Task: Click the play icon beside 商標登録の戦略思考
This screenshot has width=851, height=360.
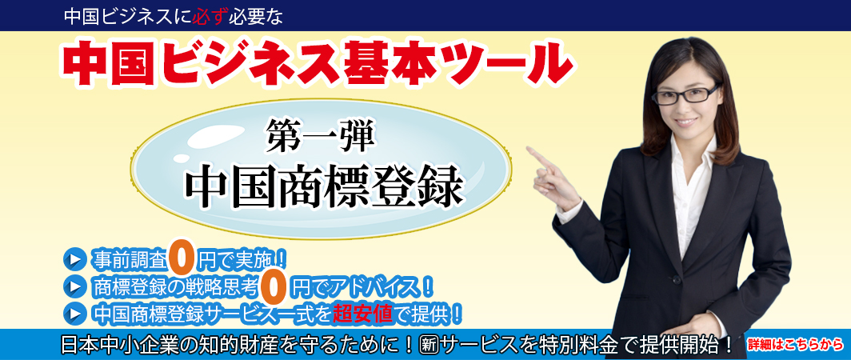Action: point(74,285)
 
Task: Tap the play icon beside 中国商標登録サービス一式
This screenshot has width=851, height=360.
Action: point(74,311)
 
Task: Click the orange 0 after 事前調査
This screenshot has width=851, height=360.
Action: point(183,258)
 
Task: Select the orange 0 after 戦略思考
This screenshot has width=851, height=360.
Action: point(273,285)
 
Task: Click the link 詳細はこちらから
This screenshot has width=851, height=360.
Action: point(795,345)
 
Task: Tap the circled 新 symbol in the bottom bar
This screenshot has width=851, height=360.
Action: point(429,345)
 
